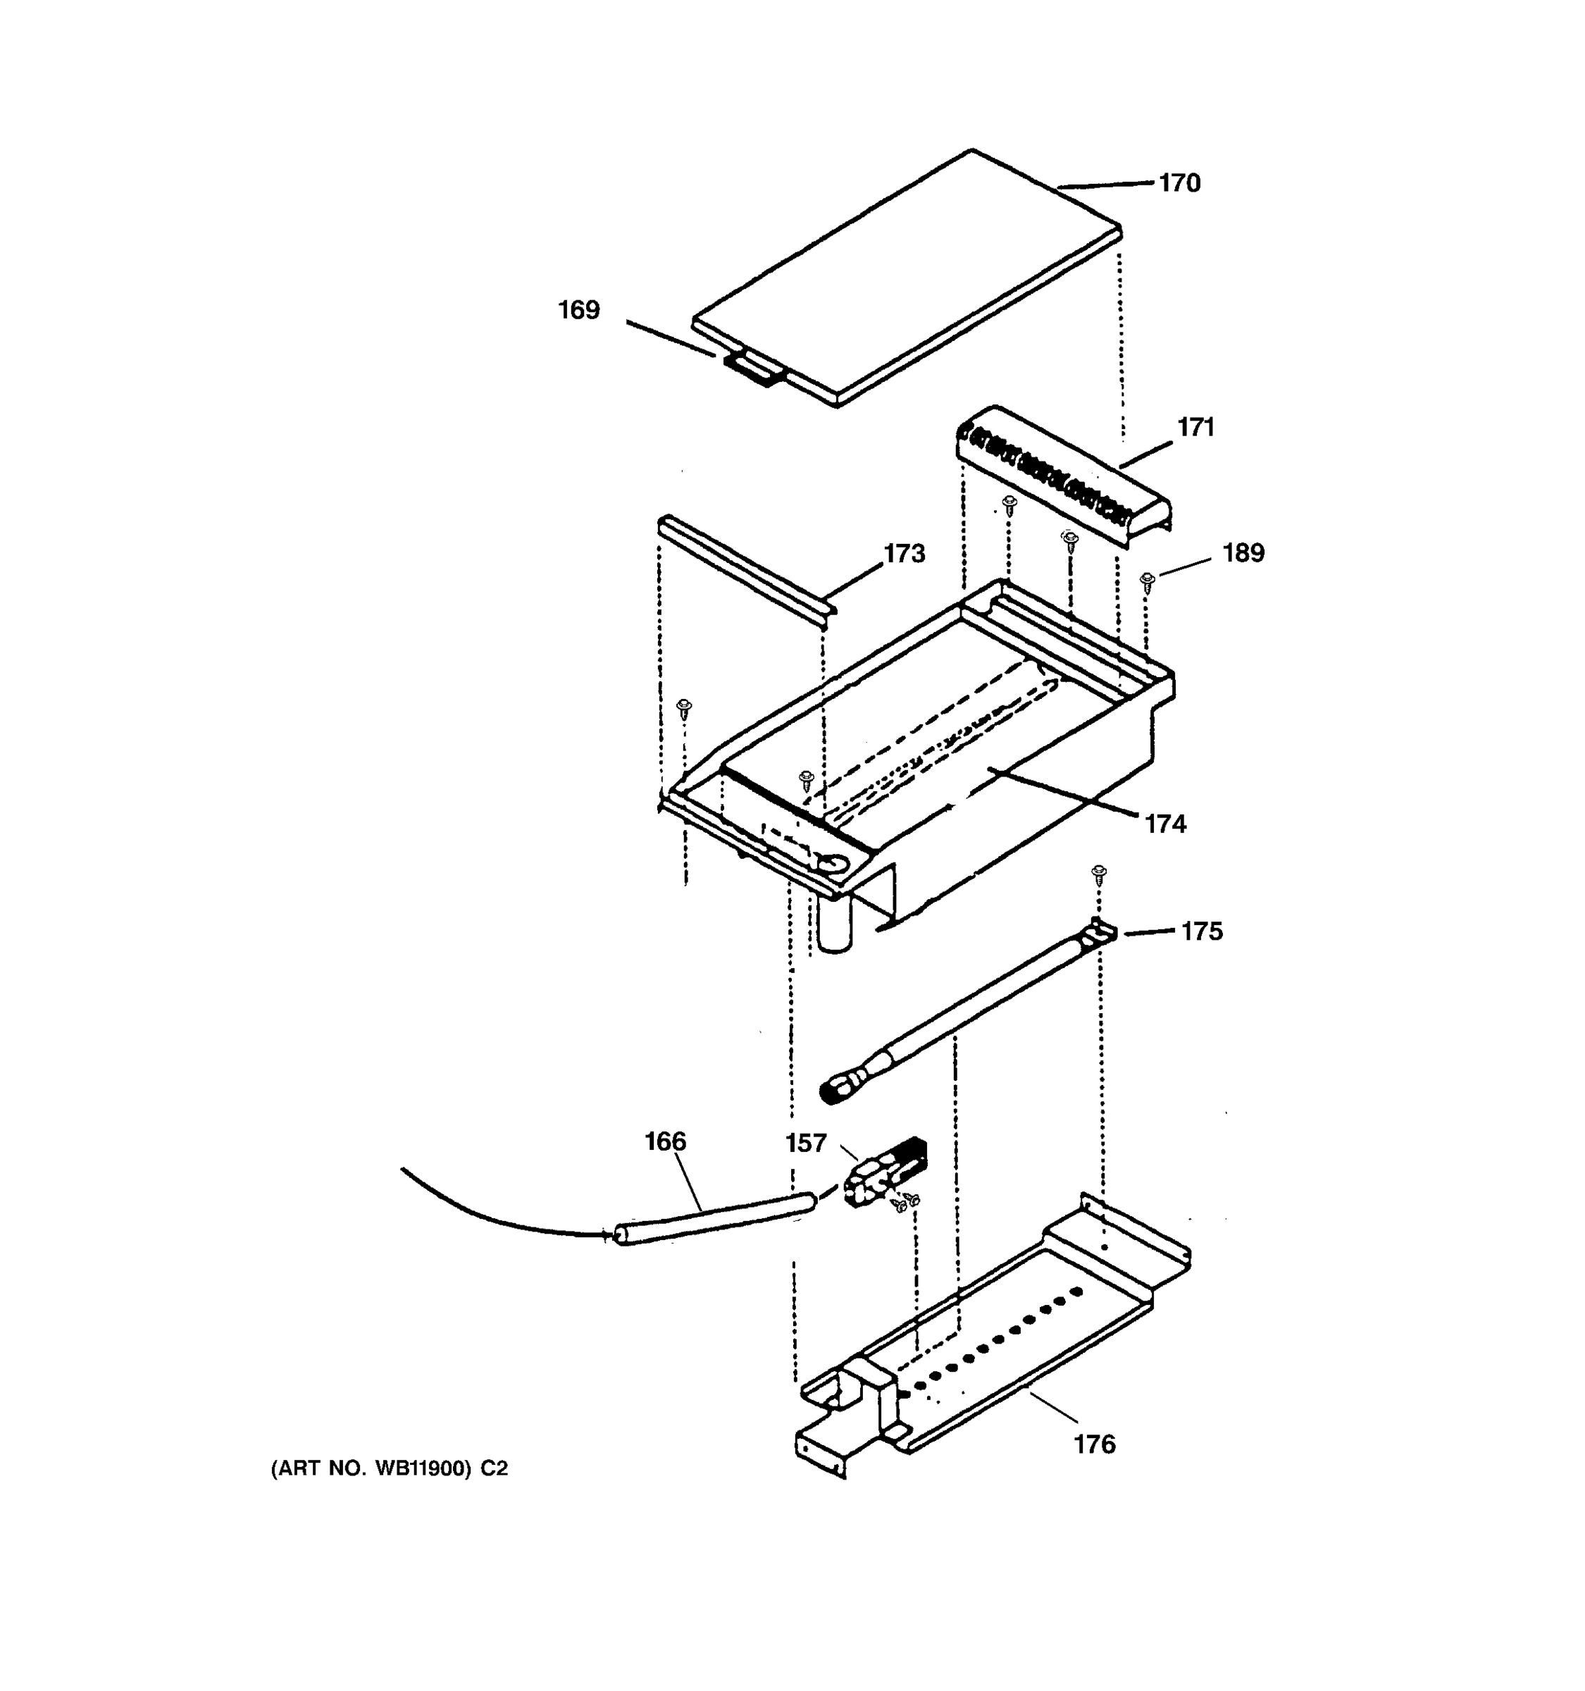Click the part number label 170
click(x=1179, y=184)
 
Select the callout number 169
click(x=578, y=311)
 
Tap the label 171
click(x=1195, y=428)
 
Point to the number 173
click(x=904, y=555)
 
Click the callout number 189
click(x=1243, y=554)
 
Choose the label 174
click(x=1165, y=824)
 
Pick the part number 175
click(x=1202, y=932)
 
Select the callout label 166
click(x=665, y=1141)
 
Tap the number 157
click(x=805, y=1144)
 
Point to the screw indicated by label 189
click(x=1147, y=582)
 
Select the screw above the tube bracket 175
click(x=1099, y=873)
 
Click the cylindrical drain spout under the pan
click(x=836, y=927)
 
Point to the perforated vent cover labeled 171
click(x=1063, y=477)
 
